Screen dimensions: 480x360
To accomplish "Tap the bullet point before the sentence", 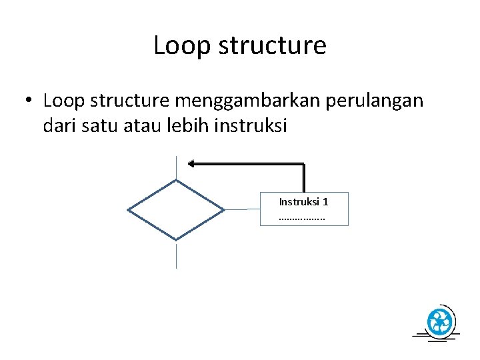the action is point(28,101).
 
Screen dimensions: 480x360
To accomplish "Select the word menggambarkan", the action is point(242,101).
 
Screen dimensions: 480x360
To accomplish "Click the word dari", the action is point(59,125).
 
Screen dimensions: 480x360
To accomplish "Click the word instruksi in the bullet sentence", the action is point(251,125).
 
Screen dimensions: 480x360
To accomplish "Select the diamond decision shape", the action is point(176,209).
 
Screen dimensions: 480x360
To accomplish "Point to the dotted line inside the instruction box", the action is point(302,217).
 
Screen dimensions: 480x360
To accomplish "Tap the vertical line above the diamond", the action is point(176,167).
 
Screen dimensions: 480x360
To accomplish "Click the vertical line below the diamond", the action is point(176,255).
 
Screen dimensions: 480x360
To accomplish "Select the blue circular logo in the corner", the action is point(439,323).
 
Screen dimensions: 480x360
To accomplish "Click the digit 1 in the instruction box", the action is point(325,201).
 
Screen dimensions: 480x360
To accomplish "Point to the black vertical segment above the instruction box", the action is point(304,178).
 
